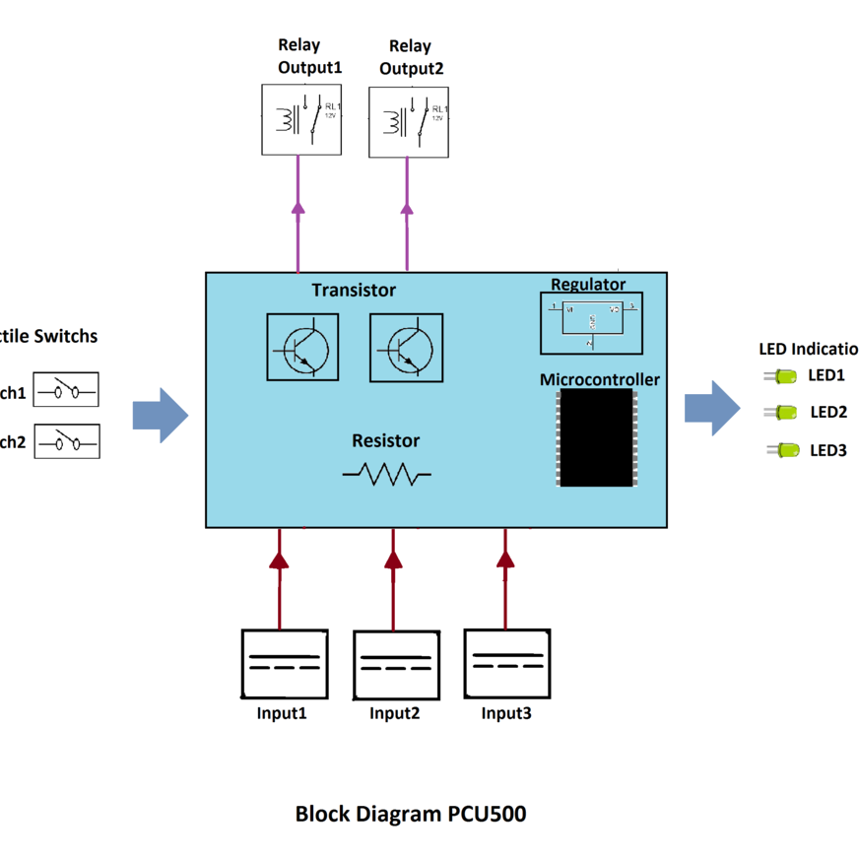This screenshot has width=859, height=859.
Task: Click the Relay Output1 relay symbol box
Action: point(301,119)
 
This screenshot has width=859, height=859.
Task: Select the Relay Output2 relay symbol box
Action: point(409,120)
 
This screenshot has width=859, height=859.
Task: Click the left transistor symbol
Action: point(302,347)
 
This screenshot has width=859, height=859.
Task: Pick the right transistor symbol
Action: point(407,347)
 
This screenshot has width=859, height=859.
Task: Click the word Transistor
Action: point(354,290)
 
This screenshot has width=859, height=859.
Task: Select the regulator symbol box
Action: point(591,323)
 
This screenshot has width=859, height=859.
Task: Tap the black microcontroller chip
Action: point(595,436)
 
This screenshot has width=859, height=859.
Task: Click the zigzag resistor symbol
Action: point(387,476)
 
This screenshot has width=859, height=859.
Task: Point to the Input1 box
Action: point(284,663)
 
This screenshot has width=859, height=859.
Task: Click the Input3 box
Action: point(506,662)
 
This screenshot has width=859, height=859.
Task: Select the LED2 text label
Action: point(828,413)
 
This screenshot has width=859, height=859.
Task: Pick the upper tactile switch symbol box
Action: point(66,390)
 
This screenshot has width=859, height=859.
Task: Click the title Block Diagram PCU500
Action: point(411,815)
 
